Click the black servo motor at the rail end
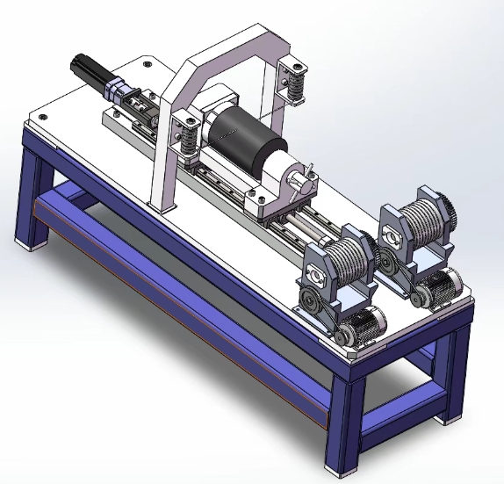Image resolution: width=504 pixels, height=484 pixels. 89,70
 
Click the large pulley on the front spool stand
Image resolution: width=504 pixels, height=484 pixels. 309,305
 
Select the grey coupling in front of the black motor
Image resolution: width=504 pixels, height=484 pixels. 119,91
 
